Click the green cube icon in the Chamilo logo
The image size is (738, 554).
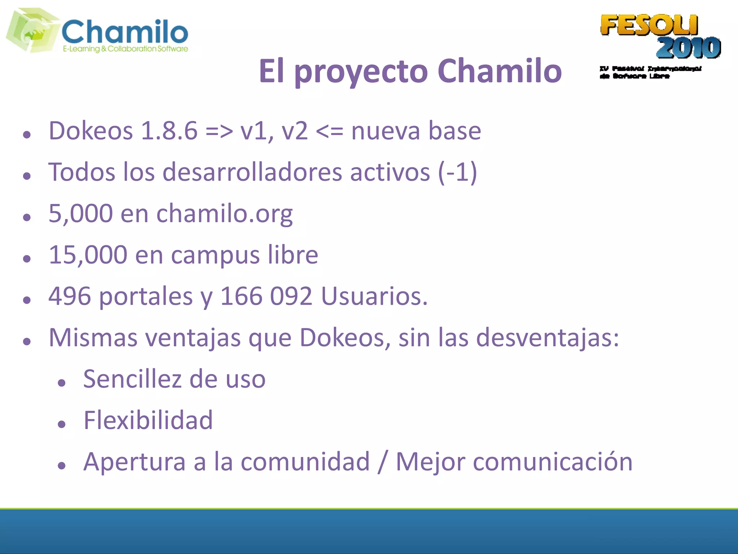(32, 31)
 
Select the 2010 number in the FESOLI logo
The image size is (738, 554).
(688, 48)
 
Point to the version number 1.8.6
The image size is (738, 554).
(169, 131)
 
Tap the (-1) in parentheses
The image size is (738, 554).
(458, 172)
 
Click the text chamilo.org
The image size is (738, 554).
(224, 214)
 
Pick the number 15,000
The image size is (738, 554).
(88, 255)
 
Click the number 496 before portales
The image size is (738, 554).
(70, 296)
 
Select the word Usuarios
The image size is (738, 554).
(374, 296)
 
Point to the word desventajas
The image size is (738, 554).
(547, 338)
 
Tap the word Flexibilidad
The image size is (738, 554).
(148, 421)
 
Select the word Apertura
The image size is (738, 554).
(134, 462)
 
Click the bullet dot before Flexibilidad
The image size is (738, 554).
(62, 424)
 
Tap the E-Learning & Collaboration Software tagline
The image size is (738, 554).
(125, 49)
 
